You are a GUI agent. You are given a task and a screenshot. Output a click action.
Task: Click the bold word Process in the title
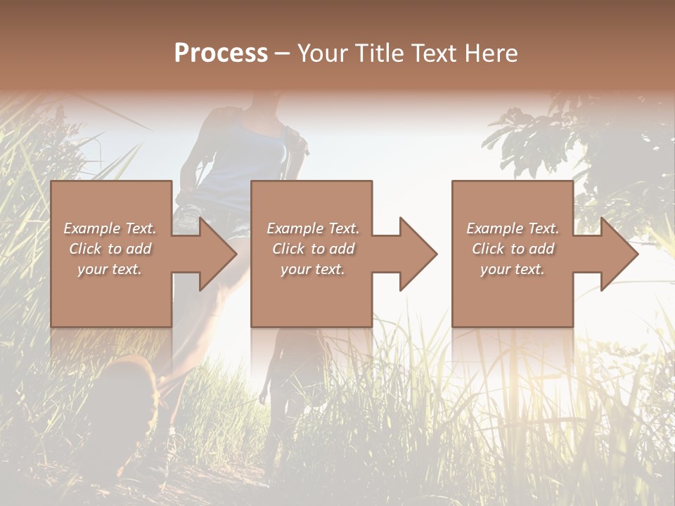221,53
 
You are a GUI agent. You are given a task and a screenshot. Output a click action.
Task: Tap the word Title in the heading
378,53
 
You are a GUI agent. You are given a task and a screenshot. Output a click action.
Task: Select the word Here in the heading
492,53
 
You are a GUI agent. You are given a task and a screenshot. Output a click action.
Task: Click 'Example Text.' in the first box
110,228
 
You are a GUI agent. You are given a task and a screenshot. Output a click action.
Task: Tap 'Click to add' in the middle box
313,249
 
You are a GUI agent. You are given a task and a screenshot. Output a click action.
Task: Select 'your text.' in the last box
513,269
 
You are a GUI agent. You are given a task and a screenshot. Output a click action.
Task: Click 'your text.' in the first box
110,269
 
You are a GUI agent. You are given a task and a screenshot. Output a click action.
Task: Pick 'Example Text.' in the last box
513,228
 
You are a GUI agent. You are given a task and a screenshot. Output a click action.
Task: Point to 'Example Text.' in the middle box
313,228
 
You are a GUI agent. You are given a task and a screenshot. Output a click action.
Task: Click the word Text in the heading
431,53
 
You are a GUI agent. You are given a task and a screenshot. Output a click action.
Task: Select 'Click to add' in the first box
110,249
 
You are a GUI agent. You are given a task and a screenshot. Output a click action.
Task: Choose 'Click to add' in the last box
513,249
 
